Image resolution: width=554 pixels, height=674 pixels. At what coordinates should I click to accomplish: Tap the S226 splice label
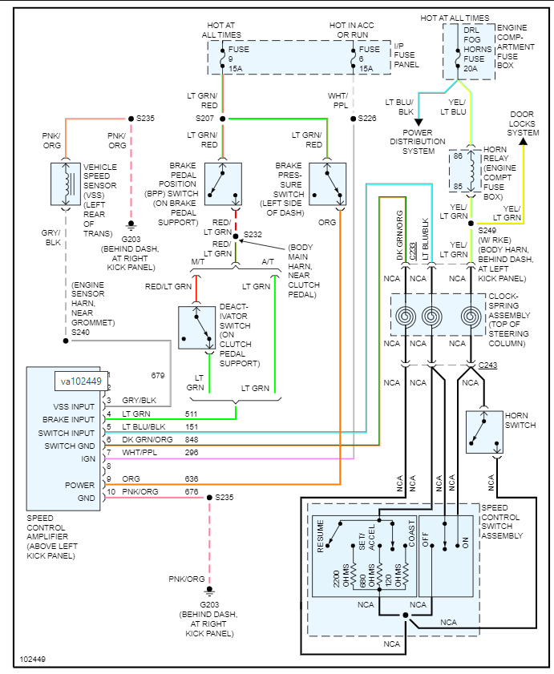click(x=367, y=119)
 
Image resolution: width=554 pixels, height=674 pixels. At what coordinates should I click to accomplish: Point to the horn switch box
click(x=483, y=433)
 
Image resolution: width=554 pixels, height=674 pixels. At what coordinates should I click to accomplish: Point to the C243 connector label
click(x=488, y=366)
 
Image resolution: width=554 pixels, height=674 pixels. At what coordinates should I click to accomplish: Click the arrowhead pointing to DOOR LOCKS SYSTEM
click(x=523, y=141)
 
